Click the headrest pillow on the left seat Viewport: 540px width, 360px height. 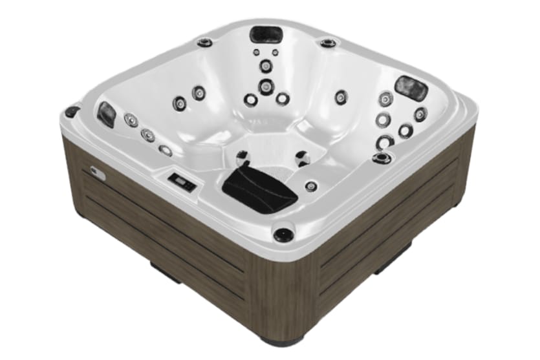[107, 114]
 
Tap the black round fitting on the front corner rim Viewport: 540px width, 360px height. [283, 234]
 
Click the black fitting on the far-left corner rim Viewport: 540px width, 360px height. [72, 112]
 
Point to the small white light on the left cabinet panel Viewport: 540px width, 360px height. [98, 172]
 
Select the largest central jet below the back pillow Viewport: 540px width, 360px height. [265, 86]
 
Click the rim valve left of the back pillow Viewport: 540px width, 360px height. [205, 43]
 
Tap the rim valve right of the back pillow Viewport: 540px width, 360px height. [327, 43]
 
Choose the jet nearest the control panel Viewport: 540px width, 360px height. [166, 151]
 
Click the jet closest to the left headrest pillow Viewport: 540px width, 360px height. [131, 120]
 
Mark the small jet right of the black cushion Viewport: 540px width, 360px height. [311, 186]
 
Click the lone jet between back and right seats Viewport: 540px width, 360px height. [340, 97]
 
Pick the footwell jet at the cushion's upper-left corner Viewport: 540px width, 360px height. [242, 155]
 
